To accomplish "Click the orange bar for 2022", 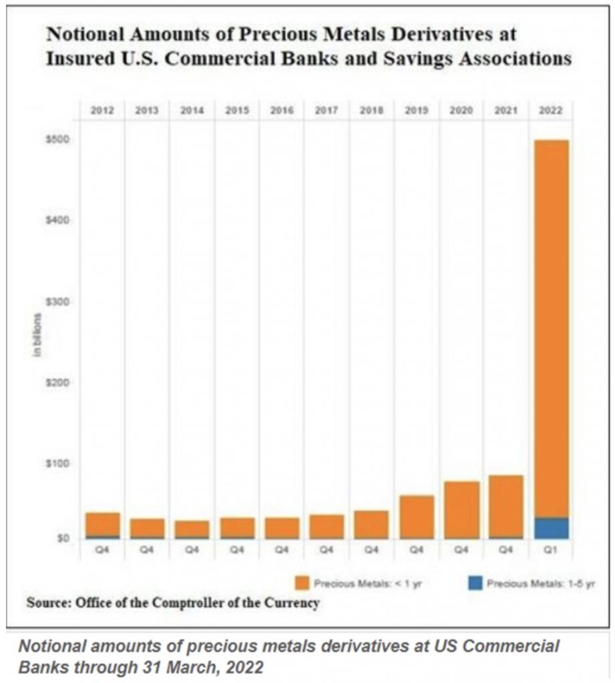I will pos(551,327).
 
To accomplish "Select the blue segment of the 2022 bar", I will pos(551,528).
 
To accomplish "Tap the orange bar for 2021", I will pos(506,506).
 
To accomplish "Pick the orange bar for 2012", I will pos(102,524).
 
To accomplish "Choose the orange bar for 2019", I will pos(416,516).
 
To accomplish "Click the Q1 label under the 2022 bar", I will pos(551,551).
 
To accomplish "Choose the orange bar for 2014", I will pos(192,529).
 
